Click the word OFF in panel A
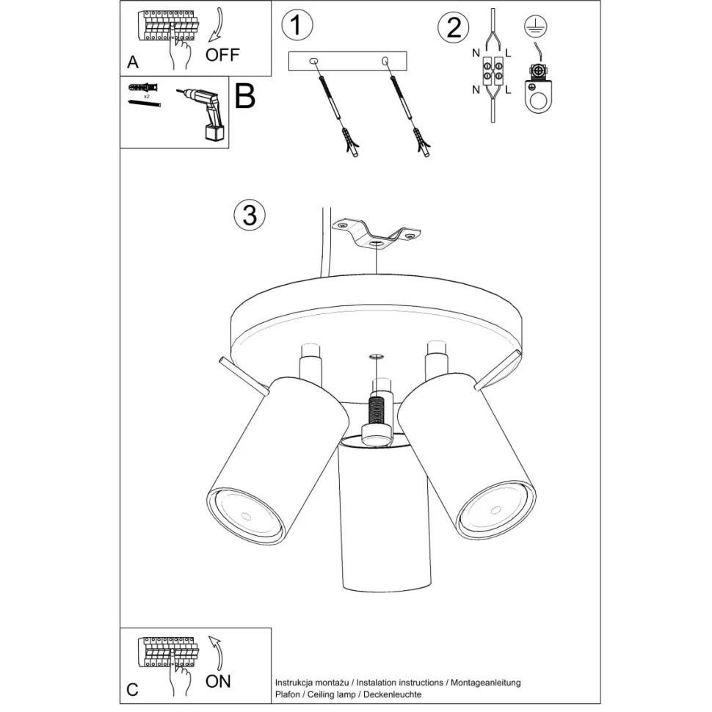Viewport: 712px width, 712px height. coord(222,55)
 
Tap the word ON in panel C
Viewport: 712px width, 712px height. coord(218,681)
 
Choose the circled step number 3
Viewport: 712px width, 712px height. coord(250,215)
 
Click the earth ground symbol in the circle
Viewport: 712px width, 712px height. coord(536,26)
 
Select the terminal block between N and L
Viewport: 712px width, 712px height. coord(493,71)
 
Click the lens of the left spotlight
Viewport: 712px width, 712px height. coord(246,516)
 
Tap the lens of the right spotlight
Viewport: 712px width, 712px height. coord(495,510)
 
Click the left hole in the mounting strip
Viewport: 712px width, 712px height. coord(313,61)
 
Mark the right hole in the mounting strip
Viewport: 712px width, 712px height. coord(385,60)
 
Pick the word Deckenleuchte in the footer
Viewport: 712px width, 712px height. coord(392,694)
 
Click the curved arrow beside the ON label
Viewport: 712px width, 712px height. coord(216,653)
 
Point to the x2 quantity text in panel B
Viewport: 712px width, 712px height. coord(147,97)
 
